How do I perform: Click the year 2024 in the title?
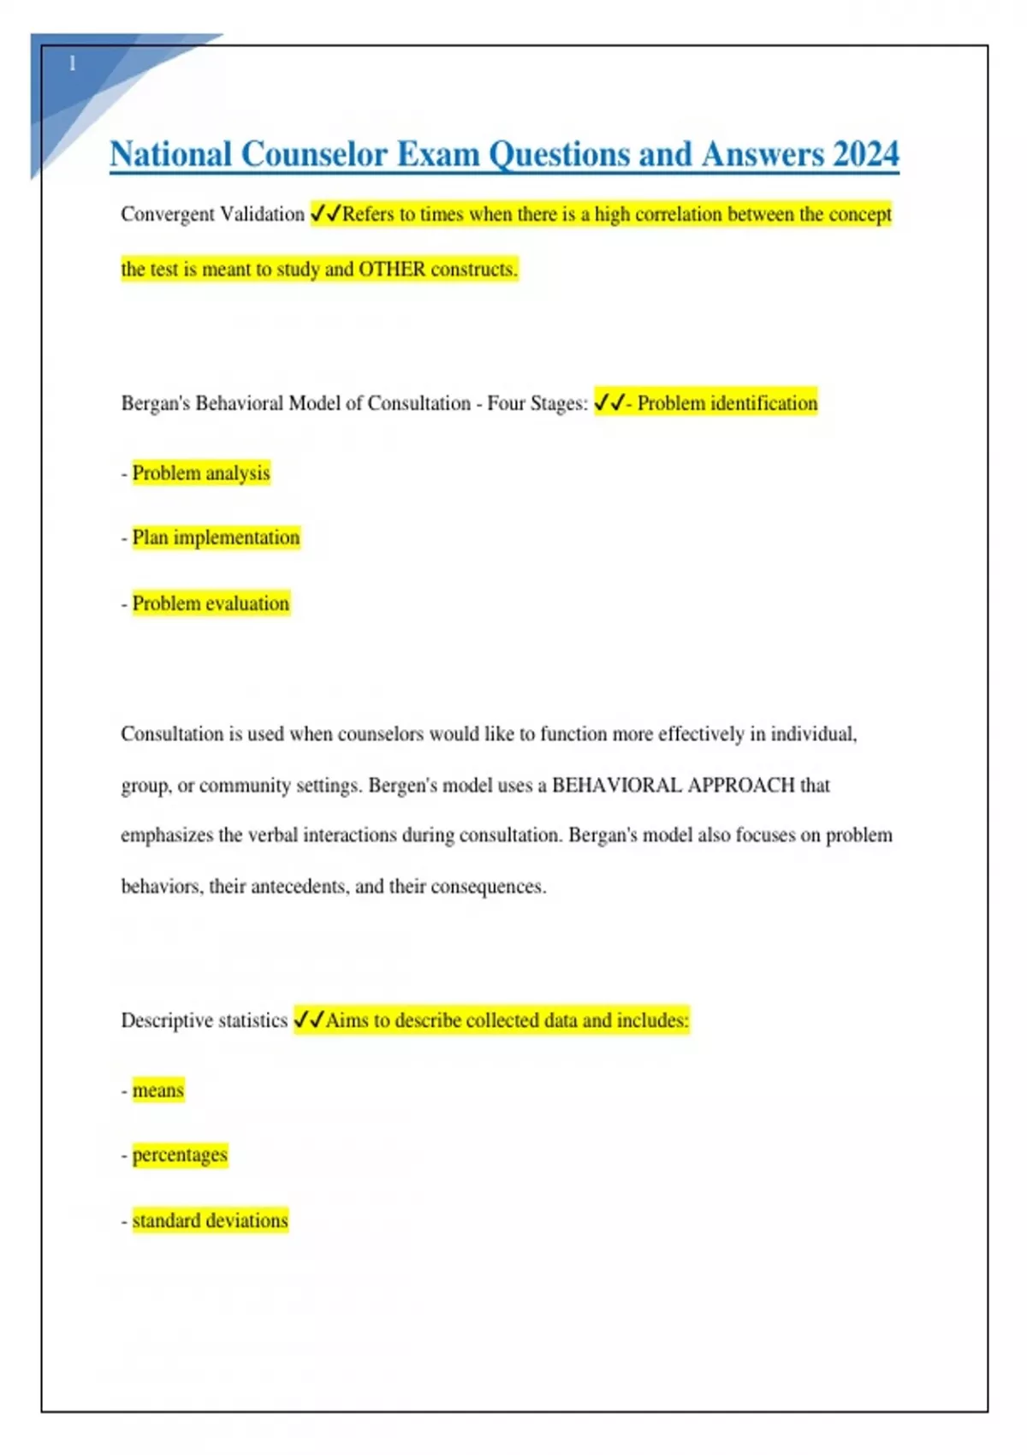click(865, 155)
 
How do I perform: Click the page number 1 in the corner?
click(72, 63)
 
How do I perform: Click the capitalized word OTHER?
click(391, 270)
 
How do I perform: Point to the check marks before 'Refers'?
click(325, 213)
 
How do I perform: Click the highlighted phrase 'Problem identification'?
click(727, 403)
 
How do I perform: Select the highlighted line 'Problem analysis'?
click(201, 473)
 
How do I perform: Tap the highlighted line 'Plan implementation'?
click(216, 537)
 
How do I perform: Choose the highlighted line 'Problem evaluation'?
click(211, 603)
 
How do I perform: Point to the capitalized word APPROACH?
click(741, 785)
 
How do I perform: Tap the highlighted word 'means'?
click(158, 1090)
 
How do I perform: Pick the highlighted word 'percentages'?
click(180, 1155)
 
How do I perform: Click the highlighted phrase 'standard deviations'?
click(210, 1220)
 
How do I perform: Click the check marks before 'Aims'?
click(308, 1019)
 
